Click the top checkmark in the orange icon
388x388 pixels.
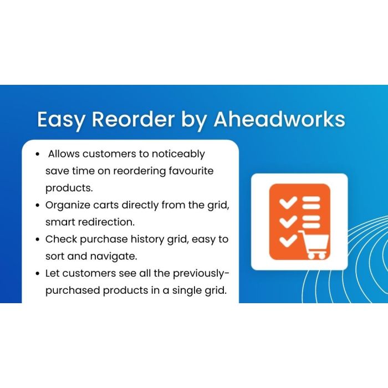pos(288,203)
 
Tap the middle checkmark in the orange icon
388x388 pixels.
pos(288,222)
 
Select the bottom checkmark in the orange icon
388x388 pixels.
pos(288,241)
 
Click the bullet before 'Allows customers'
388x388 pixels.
pos(37,154)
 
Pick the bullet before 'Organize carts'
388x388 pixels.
pos(37,205)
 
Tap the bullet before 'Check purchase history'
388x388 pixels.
pos(37,239)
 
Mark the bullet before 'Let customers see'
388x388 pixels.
pos(37,273)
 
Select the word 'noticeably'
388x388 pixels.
pos(177,154)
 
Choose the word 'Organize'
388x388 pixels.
pos(68,205)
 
